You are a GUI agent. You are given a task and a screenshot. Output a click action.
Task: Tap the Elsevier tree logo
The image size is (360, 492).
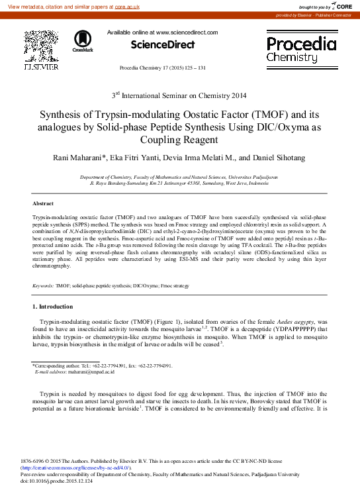click(41, 46)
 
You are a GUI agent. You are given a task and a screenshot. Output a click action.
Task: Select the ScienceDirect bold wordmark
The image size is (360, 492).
click(162, 45)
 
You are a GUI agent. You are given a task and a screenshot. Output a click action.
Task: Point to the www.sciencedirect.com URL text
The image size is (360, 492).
click(187, 32)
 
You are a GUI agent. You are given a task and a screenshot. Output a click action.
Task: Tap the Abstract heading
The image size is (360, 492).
click(43, 203)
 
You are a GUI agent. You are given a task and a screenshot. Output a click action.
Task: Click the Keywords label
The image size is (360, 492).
click(43, 285)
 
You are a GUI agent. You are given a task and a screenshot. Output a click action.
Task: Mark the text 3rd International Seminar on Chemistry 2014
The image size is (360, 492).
click(180, 95)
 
